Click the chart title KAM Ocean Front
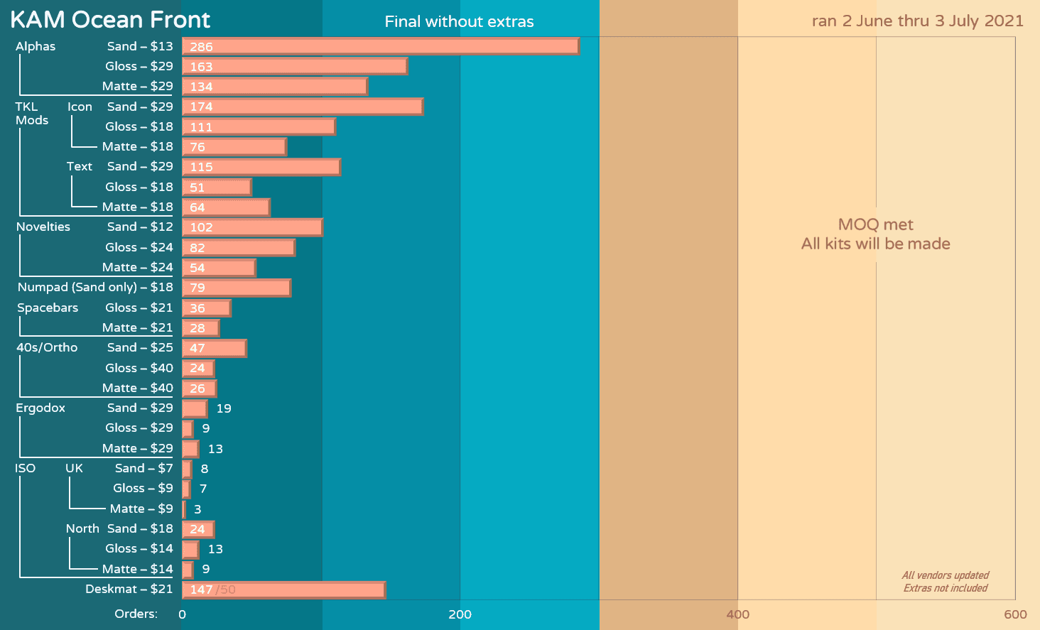point(110,20)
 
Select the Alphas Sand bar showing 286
point(380,46)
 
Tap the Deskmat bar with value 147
point(284,590)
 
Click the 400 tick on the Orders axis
point(737,614)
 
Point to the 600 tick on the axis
point(1015,614)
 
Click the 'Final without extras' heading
point(459,22)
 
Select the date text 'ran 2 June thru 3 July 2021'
point(917,21)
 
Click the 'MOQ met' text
point(875,224)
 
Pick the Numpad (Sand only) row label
point(95,287)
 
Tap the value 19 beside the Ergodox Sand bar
point(224,408)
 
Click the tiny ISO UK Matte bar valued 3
point(184,509)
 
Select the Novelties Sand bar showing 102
point(252,227)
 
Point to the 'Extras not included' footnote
point(945,588)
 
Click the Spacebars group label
point(48,308)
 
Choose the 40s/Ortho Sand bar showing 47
point(214,348)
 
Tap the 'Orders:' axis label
point(136,614)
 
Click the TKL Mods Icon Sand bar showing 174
point(302,107)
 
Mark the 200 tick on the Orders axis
point(460,614)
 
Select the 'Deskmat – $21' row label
point(129,589)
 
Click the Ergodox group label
point(40,408)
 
